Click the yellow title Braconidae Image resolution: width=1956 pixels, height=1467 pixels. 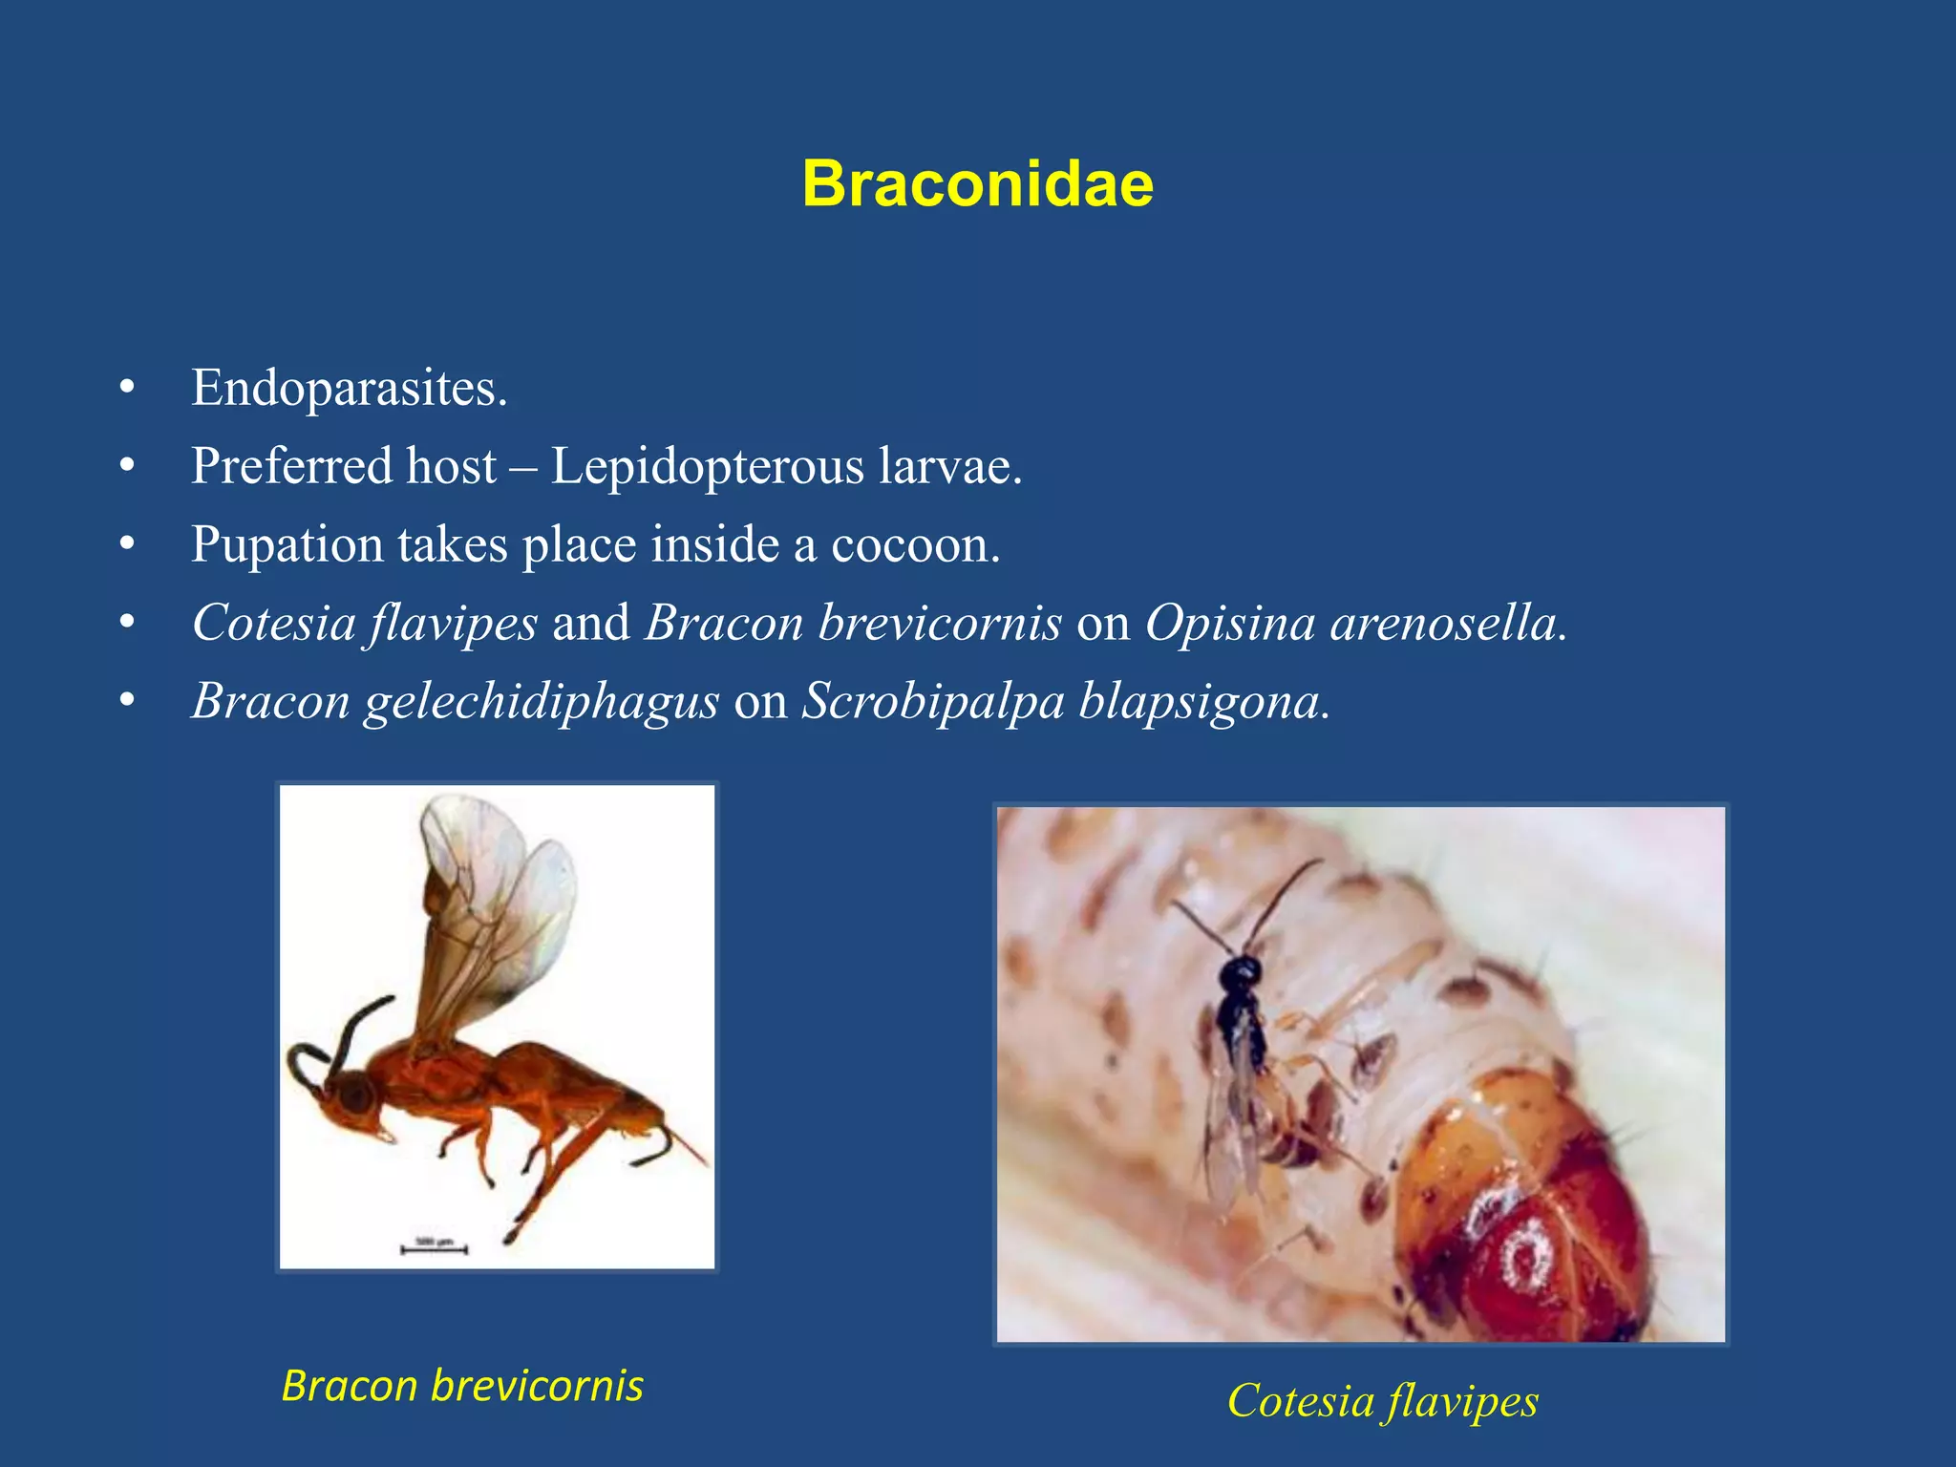[x=977, y=183]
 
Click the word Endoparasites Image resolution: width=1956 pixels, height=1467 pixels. [x=349, y=389]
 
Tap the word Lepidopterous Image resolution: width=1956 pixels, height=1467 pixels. [x=708, y=467]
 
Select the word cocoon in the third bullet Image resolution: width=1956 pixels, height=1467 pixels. [x=914, y=545]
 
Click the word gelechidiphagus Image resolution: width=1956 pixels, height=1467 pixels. [x=541, y=703]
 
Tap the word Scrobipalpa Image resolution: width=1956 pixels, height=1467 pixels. [x=932, y=703]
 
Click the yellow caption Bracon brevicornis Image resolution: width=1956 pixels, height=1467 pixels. [x=462, y=1386]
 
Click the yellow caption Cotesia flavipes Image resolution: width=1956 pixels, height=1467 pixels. [x=1382, y=1401]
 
